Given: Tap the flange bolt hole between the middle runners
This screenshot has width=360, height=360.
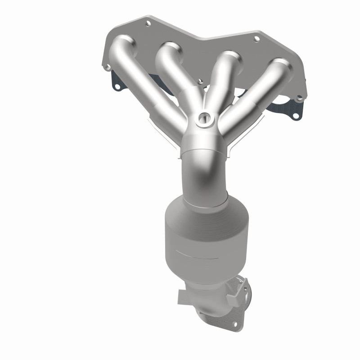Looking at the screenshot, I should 199,82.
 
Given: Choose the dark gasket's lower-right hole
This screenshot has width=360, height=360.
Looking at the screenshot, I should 296,119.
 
